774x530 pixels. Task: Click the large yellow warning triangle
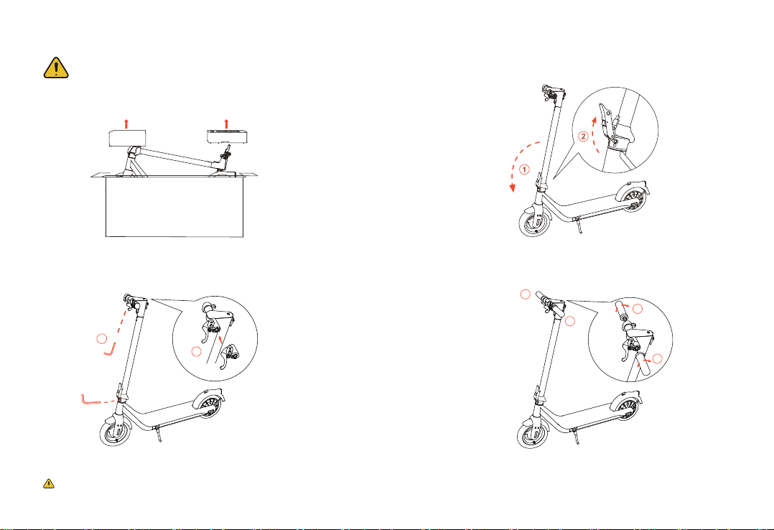click(x=56, y=68)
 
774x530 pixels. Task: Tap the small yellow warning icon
click(x=48, y=483)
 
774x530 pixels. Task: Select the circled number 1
click(x=524, y=170)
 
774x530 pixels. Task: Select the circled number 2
click(x=584, y=136)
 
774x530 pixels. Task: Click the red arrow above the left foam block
click(x=126, y=124)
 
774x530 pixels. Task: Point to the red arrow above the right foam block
click(x=227, y=124)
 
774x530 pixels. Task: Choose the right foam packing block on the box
click(x=227, y=136)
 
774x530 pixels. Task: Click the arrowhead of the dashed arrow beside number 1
click(x=513, y=188)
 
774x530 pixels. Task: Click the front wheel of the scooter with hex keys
click(x=116, y=429)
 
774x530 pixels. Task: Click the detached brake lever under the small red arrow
click(x=228, y=356)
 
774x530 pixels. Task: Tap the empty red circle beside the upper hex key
click(x=102, y=339)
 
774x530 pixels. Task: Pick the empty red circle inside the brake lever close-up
click(x=197, y=352)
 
